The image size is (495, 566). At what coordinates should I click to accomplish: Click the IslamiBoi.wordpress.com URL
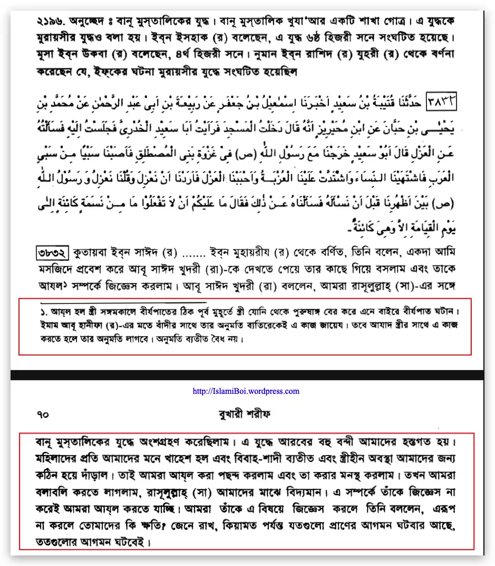pos(246,391)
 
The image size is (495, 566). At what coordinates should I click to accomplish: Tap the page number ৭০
pos(43,415)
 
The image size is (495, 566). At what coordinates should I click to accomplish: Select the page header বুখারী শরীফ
pos(247,415)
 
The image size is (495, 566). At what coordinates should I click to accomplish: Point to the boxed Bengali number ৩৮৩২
pos(53,252)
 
